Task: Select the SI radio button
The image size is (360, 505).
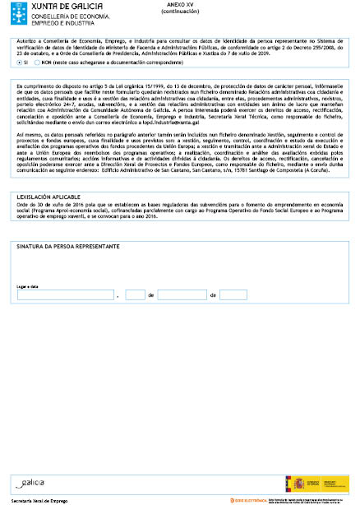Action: (20, 62)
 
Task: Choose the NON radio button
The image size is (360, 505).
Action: (37, 62)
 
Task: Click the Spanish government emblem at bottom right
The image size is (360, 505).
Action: (293, 482)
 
